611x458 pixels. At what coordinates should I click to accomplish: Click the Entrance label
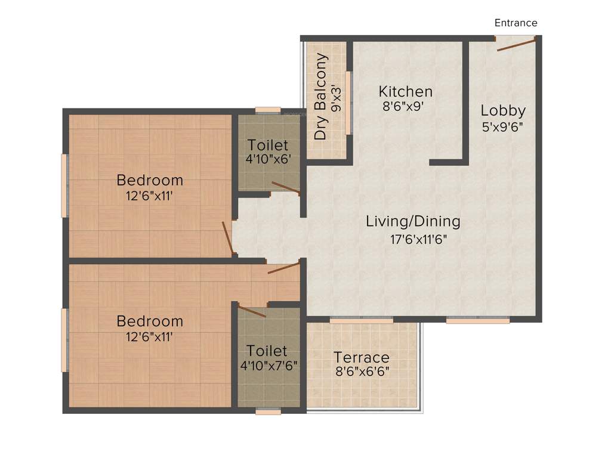(516, 23)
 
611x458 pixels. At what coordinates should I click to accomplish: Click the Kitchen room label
(406, 92)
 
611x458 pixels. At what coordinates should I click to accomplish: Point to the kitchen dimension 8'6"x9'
(406, 107)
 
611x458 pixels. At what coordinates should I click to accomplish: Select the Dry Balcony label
(322, 97)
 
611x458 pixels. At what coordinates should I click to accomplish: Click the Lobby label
(503, 111)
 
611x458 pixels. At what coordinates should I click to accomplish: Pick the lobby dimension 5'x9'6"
(503, 126)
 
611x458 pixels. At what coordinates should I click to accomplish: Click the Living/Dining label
(413, 222)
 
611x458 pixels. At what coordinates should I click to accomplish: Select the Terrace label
(362, 358)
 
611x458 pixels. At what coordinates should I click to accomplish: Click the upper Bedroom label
(150, 180)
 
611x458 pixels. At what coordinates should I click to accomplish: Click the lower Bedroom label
(150, 321)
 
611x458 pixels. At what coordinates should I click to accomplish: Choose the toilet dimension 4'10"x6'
(268, 160)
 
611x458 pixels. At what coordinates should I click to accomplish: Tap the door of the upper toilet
(285, 188)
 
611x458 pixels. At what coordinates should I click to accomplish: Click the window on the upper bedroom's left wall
(64, 185)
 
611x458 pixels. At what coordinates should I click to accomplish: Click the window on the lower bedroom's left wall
(64, 340)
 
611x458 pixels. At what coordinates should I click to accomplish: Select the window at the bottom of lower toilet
(268, 411)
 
